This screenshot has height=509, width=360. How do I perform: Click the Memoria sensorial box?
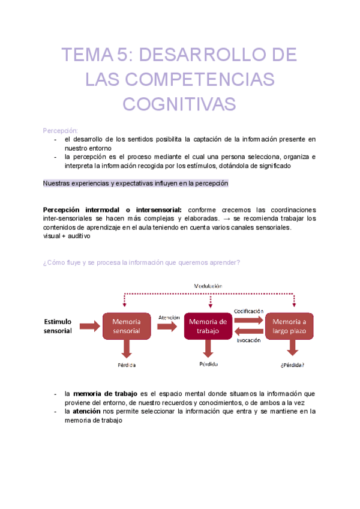[126, 326]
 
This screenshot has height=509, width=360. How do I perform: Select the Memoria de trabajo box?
[208, 326]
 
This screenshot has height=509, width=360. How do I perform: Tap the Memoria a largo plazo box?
[290, 326]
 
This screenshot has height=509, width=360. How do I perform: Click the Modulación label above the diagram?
[208, 286]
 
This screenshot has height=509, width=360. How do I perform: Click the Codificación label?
[248, 311]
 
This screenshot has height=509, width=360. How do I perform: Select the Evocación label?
[248, 340]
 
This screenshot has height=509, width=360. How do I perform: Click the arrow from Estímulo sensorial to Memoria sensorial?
[88, 326]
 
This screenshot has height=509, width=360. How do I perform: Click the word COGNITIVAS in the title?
[179, 104]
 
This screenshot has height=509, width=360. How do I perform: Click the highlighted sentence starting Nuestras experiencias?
[136, 184]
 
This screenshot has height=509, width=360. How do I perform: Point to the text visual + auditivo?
[67, 236]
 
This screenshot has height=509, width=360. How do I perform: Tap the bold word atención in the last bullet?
[87, 411]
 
